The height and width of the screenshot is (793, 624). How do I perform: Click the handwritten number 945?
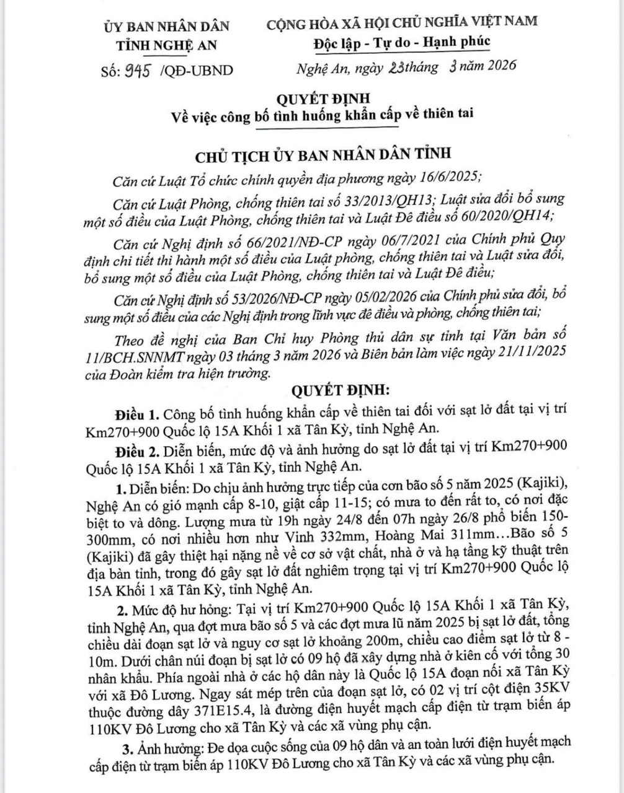pos(138,70)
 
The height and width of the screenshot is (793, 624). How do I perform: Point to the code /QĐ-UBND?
pos(197,71)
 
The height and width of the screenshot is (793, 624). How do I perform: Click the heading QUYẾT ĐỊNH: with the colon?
pos(337,390)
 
